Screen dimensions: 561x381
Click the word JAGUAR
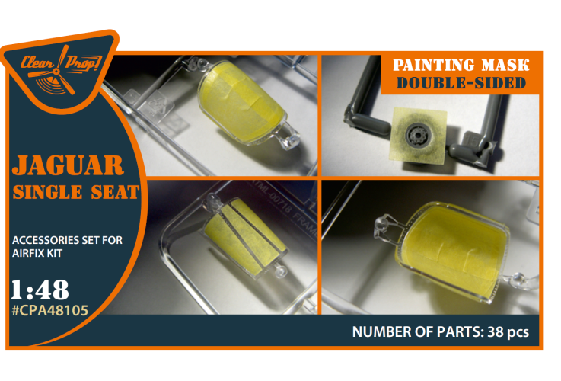tap(68, 165)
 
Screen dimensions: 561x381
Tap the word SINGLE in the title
tap(48, 192)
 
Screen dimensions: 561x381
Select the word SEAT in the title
tap(115, 192)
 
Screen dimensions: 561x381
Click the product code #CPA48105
tap(49, 310)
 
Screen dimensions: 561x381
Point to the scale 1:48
tap(40, 290)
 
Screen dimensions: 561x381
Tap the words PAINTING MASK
tap(461, 66)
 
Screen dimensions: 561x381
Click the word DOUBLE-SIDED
tap(461, 83)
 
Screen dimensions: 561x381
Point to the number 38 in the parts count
tap(496, 332)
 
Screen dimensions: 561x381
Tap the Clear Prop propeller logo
tap(56, 71)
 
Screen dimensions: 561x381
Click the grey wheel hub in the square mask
tap(418, 135)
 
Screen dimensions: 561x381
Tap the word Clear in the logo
tap(37, 63)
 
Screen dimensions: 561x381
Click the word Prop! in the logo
tap(82, 63)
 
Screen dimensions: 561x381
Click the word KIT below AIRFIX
tap(53, 253)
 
